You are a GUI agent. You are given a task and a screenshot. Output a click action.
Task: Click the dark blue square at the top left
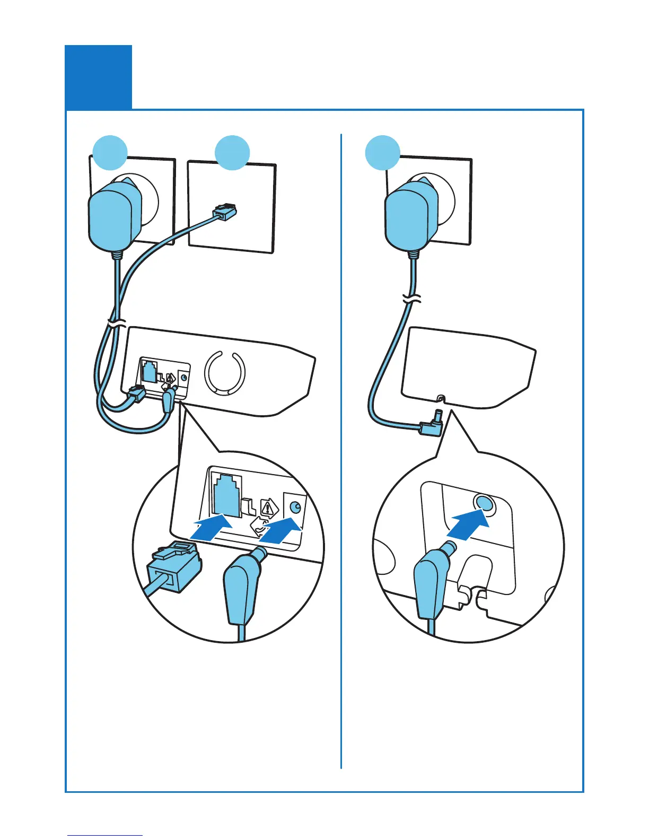click(x=98, y=77)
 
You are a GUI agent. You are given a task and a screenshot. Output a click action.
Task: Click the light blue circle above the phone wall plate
click(x=232, y=153)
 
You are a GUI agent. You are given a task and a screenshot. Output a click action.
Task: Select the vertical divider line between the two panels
click(x=341, y=451)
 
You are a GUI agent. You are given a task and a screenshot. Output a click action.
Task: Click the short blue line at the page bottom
click(x=105, y=835)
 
